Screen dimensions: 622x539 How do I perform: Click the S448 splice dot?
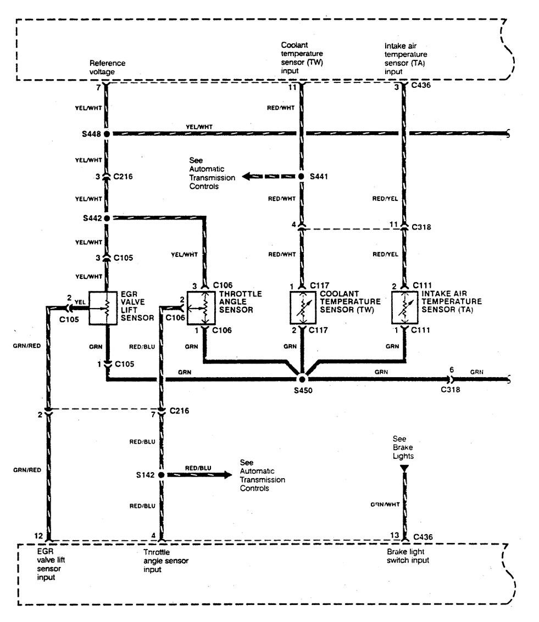[x=107, y=133]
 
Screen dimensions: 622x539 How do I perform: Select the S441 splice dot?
[x=301, y=177]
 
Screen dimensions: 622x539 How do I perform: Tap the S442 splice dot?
[x=107, y=218]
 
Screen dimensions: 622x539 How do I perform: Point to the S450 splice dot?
[x=301, y=379]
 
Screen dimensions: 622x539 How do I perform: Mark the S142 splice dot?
[x=162, y=474]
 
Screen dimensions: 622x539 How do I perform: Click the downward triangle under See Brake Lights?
[x=405, y=468]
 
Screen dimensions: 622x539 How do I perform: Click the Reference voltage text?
[x=108, y=67]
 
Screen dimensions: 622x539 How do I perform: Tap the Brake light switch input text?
[x=408, y=556]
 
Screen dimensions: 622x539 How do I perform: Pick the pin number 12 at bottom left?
[x=37, y=536]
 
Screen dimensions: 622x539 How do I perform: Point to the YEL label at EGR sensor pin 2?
[x=79, y=301]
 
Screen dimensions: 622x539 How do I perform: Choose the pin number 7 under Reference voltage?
[x=98, y=87]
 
